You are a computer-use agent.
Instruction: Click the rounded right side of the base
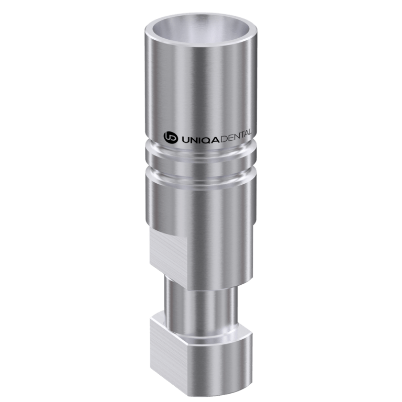(230, 351)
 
